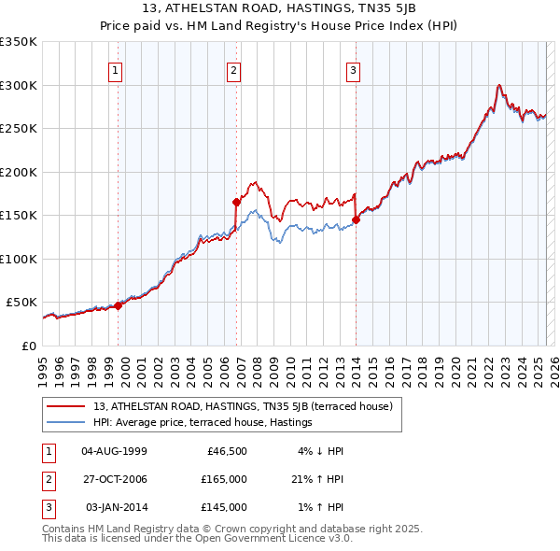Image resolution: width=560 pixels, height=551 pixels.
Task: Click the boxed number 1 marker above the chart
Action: point(115,70)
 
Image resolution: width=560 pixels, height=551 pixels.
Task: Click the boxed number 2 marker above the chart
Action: point(233,70)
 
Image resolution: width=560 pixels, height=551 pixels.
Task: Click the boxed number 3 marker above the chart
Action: point(354,70)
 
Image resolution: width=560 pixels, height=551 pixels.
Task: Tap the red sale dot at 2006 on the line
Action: point(236,202)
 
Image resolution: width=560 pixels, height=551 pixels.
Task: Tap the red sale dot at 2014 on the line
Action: point(356,220)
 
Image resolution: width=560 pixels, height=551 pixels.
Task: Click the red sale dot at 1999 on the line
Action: point(119,304)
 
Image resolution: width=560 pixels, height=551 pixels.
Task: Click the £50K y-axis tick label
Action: point(21,303)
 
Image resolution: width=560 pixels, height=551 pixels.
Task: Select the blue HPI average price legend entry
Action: point(202,422)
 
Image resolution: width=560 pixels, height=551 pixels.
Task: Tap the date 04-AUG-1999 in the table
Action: point(114,451)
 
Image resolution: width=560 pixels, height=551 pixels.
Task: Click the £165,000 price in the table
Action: point(224,479)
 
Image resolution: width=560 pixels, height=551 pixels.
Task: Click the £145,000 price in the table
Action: point(224,507)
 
